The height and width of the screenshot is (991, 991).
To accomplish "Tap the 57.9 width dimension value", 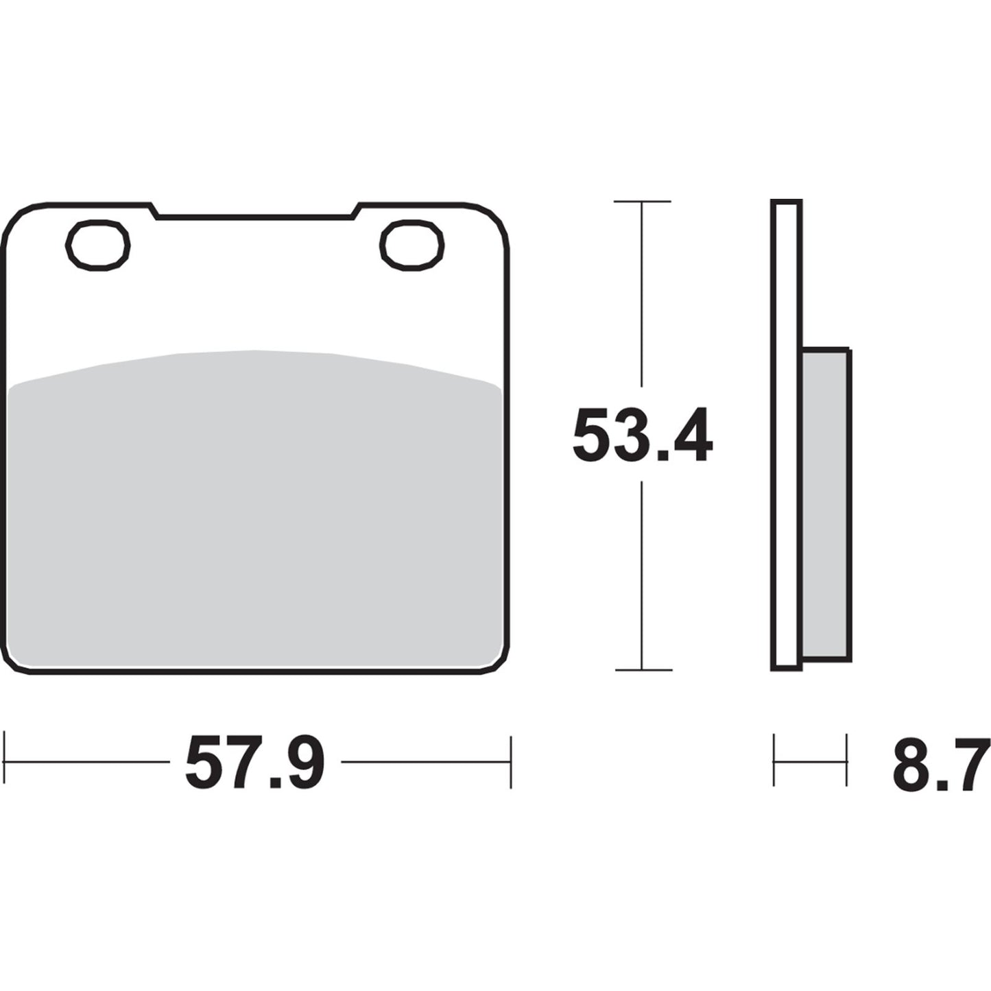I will tap(254, 761).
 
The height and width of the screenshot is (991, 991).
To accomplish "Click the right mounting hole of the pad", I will tap(412, 245).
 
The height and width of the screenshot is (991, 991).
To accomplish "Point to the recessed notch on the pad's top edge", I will tap(255, 215).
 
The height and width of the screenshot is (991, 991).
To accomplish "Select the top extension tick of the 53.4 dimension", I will tap(642, 202).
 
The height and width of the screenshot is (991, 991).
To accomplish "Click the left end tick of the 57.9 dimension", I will tap(5, 761).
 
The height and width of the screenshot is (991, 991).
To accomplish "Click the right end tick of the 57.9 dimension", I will tap(510, 761).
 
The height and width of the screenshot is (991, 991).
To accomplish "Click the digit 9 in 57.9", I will tap(300, 761).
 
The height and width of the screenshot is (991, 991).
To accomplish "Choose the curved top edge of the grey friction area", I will tap(255, 352).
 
